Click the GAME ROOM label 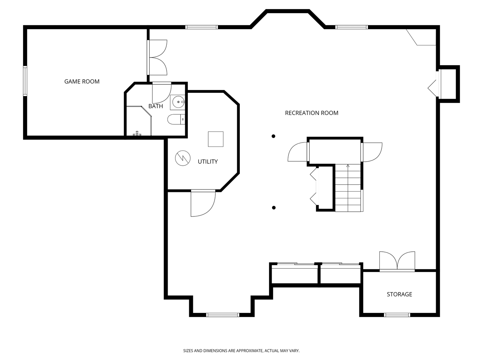82,82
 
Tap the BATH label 156,106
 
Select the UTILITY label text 208,162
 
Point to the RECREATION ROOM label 312,113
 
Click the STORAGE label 399,294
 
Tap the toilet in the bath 176,119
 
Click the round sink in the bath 178,102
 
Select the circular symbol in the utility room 183,158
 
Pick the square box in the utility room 216,139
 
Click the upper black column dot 273,136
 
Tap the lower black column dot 274,208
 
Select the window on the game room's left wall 25,81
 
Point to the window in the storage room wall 397,315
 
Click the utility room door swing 203,203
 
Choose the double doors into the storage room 397,261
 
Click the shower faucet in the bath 137,133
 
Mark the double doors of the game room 157,57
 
